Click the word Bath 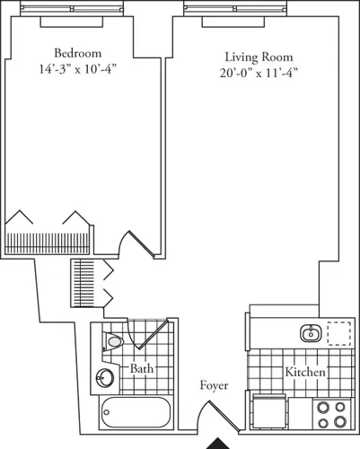coord(142,369)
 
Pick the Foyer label coord(214,386)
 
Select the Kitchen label coord(305,372)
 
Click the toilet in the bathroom coord(114,343)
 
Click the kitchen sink coord(310,334)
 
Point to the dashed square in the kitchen coord(339,334)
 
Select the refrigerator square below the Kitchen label coord(269,412)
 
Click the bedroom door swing coord(135,243)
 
